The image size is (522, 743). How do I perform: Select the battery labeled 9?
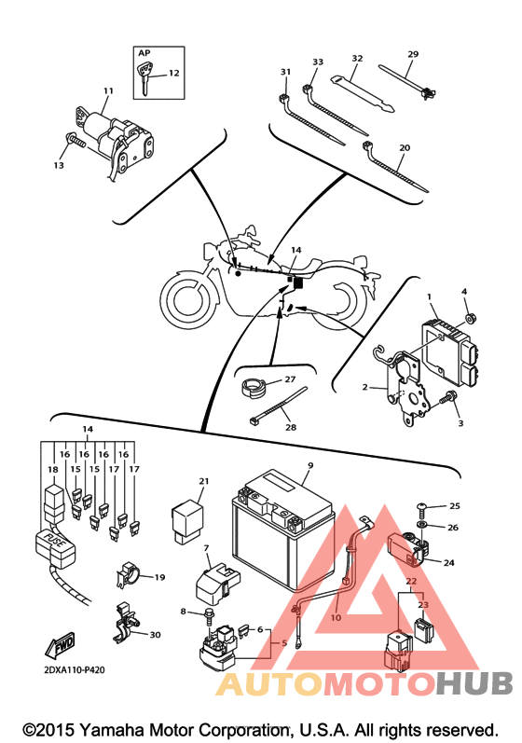coord(282,530)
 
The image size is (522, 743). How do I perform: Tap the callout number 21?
coord(204,481)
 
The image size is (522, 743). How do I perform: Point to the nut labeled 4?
coord(471,318)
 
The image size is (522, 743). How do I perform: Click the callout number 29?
coord(413,54)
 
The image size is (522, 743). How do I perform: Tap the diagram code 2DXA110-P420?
coord(75,670)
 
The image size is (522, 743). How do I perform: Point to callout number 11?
coord(108,90)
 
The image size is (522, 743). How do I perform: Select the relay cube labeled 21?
coord(186,520)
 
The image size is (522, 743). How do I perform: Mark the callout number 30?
coord(156,635)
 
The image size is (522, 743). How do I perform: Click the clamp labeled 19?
coord(128,574)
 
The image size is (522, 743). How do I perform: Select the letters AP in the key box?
coord(144,53)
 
